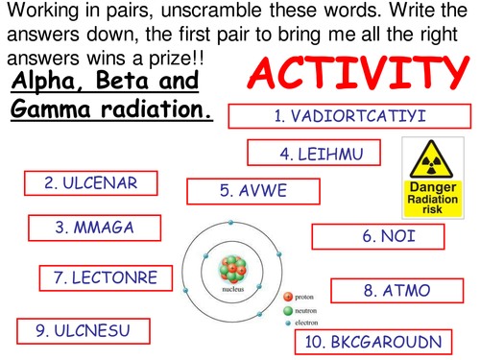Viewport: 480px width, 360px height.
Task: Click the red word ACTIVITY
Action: click(x=355, y=75)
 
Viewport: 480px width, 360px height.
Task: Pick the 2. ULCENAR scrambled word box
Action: click(x=91, y=182)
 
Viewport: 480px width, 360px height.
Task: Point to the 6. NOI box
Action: click(x=379, y=236)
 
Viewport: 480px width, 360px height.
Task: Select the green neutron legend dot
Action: click(x=287, y=311)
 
